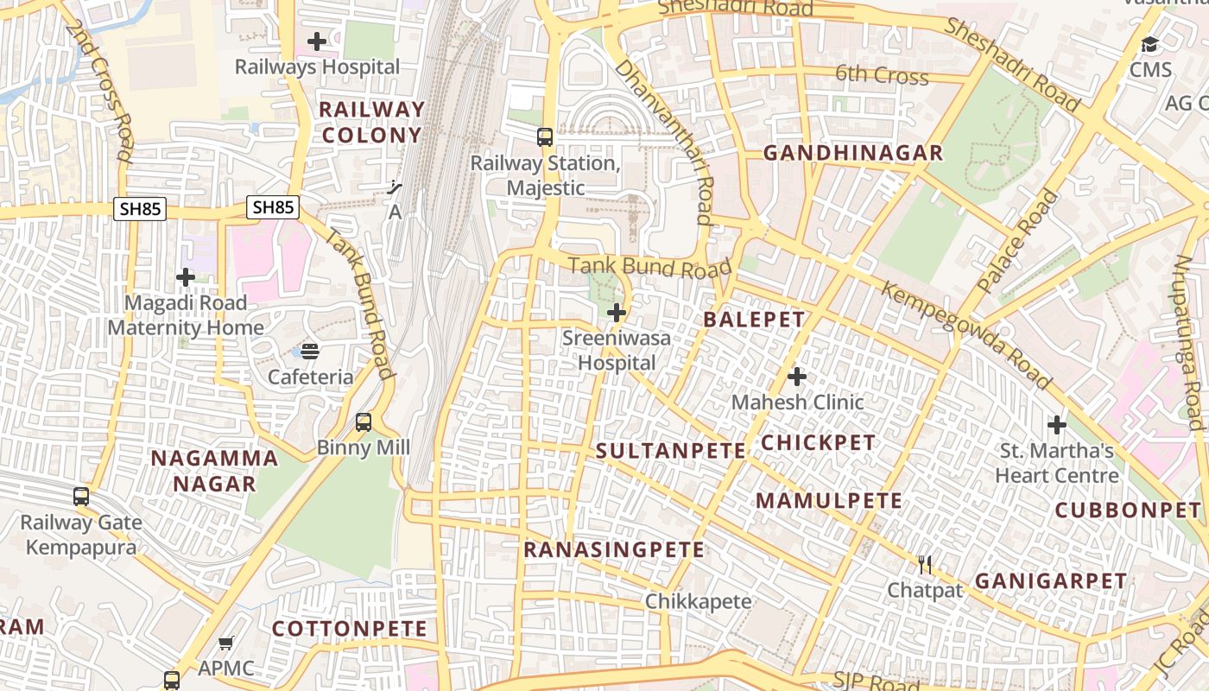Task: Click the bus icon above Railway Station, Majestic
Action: [545, 136]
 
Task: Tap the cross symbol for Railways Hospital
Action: [317, 41]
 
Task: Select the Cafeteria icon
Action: [310, 351]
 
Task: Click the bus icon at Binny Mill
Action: [364, 422]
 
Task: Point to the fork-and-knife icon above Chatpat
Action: [925, 565]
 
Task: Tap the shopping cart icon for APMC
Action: [226, 643]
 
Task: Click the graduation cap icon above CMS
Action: [1149, 44]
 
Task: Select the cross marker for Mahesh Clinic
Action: [797, 377]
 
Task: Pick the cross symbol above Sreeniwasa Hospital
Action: [617, 313]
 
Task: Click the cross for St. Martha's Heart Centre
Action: [1057, 425]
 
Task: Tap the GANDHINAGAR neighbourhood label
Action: [853, 154]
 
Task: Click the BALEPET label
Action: [754, 320]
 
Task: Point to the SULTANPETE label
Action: [671, 450]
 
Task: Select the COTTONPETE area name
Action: [350, 629]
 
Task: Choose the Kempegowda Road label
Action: [966, 335]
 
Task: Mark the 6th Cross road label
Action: [882, 75]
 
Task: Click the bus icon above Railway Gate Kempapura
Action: [81, 497]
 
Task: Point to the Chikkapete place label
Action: [698, 601]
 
